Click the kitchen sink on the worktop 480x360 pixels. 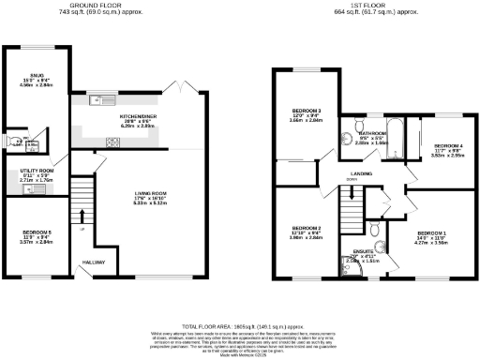click(x=96, y=99)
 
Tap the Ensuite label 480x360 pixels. click(x=362, y=251)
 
